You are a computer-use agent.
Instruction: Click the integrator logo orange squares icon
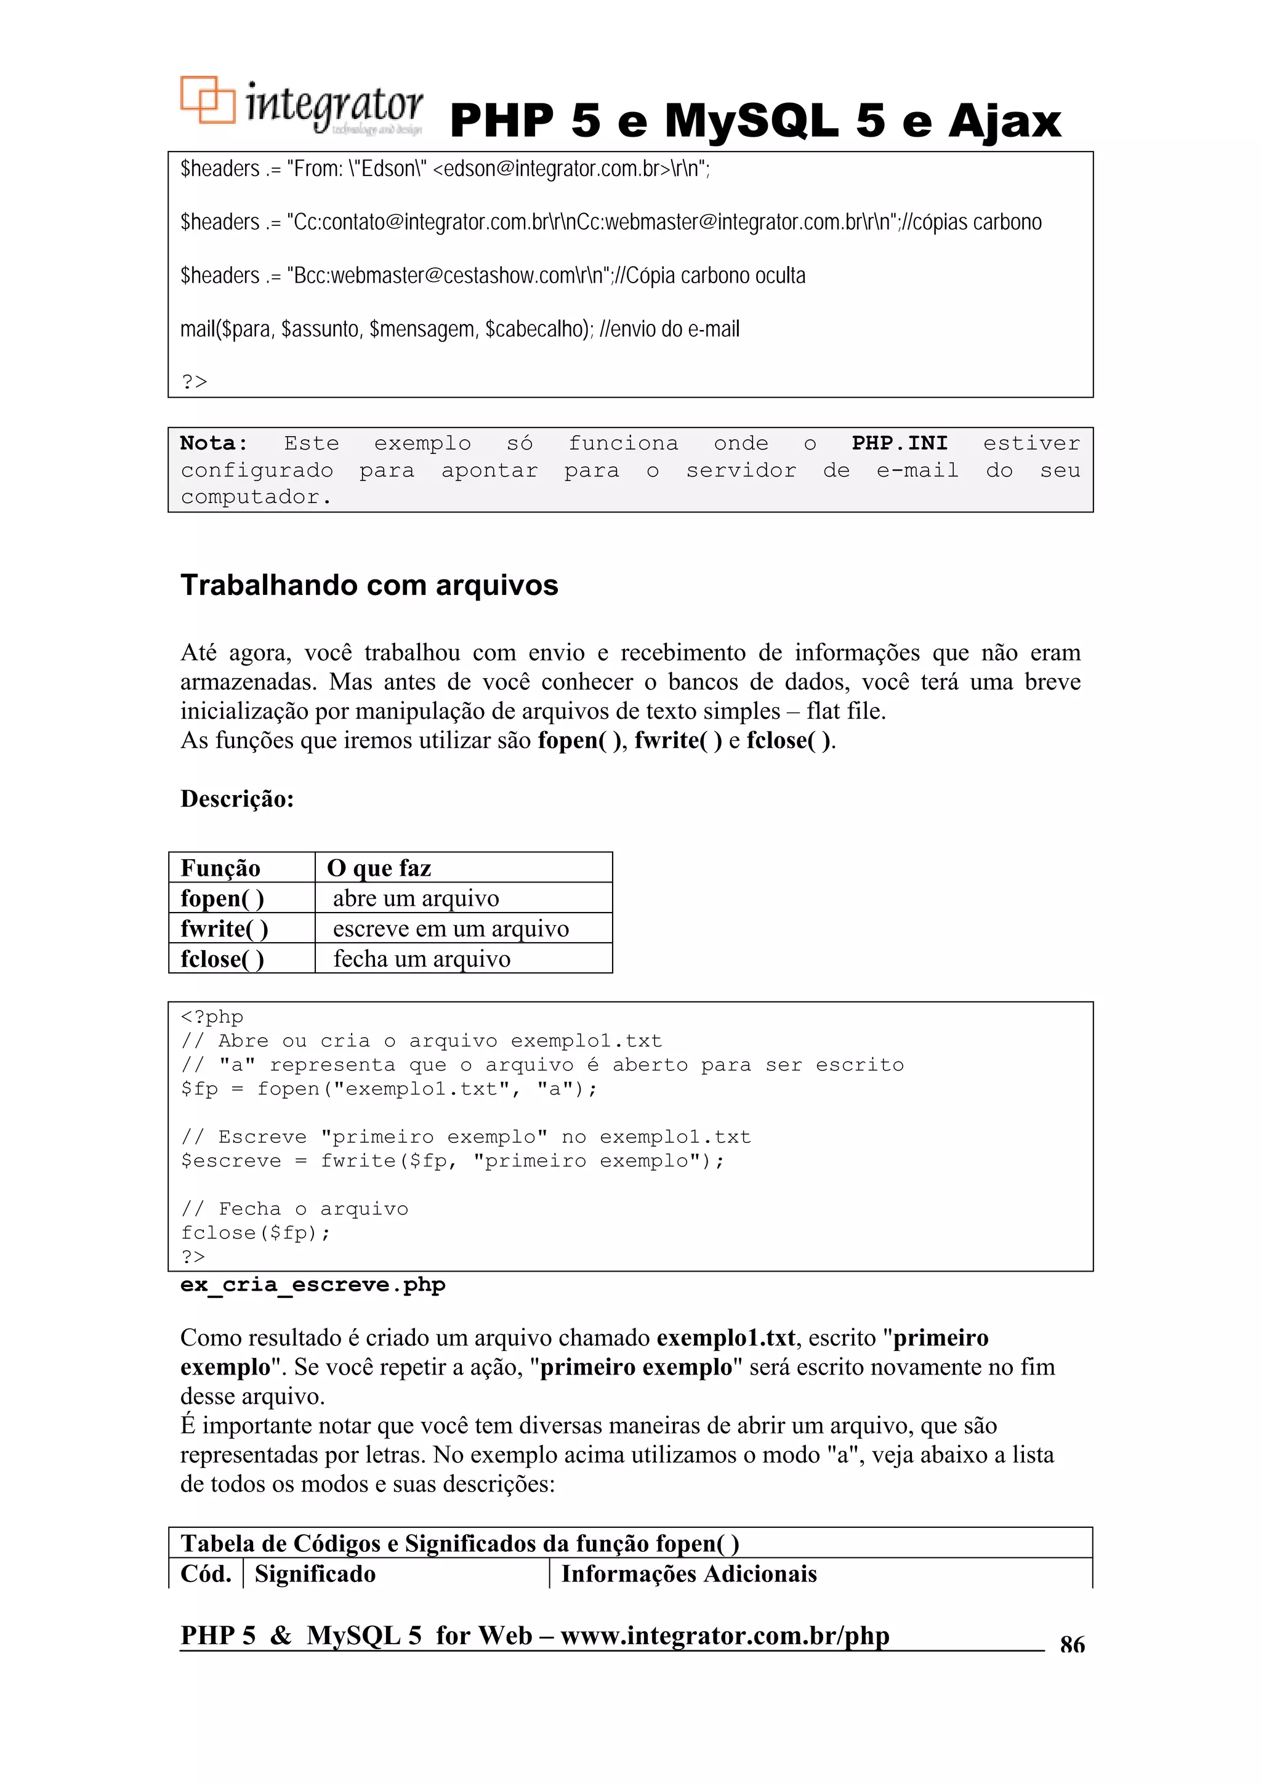207,100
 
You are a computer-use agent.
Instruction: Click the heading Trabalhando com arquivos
369,585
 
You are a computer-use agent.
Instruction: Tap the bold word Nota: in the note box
214,443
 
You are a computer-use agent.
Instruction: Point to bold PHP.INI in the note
899,443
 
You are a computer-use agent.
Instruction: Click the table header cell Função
220,868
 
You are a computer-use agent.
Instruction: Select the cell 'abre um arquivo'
416,898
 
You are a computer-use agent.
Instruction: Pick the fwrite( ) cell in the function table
225,929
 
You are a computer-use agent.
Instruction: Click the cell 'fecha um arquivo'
422,959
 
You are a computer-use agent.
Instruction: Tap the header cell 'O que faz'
379,868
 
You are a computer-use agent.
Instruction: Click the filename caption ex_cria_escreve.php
312,1285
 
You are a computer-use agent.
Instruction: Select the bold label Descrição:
237,799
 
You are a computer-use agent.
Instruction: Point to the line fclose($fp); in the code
256,1233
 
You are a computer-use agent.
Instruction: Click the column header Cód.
206,1574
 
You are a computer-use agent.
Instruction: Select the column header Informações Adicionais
688,1574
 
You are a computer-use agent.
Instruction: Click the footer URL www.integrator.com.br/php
724,1635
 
